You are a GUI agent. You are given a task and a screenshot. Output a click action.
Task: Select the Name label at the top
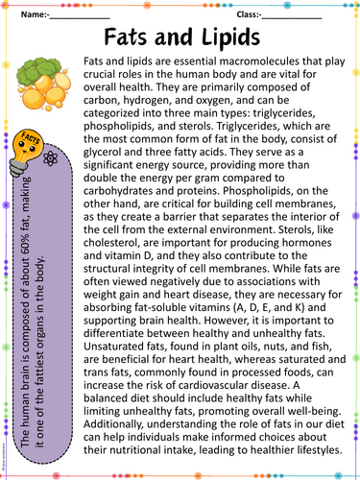[x=34, y=15]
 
